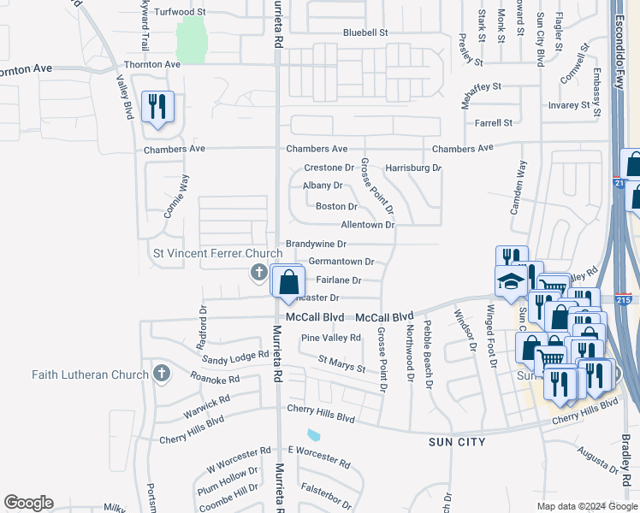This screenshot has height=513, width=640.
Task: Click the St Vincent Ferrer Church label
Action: (x=217, y=253)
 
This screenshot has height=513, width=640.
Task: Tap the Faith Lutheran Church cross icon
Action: (x=160, y=374)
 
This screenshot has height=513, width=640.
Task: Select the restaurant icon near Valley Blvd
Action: (x=157, y=107)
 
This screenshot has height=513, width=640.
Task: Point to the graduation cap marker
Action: (x=511, y=280)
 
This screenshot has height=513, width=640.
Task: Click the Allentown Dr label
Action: (x=367, y=225)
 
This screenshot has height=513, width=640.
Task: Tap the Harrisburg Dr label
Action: (x=412, y=168)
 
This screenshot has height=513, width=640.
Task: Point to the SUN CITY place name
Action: (x=457, y=442)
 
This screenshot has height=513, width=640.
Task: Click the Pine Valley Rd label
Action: (x=330, y=338)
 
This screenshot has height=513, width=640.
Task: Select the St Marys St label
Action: (x=341, y=364)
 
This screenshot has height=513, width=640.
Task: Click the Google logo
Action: (x=28, y=503)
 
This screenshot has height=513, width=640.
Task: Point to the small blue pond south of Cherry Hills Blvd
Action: (x=313, y=434)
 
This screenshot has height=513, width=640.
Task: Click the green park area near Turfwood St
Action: (x=192, y=38)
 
